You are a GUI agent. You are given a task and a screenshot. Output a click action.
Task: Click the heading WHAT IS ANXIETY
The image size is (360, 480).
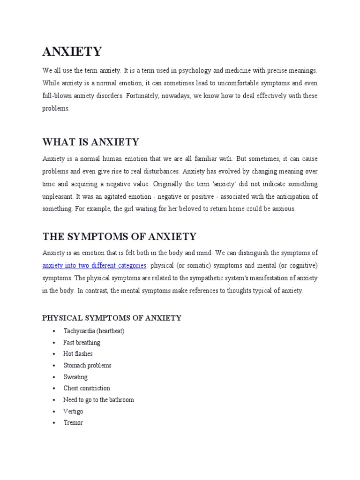tap(90, 142)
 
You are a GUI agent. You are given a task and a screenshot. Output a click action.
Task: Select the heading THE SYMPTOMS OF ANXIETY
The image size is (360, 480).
tap(119, 236)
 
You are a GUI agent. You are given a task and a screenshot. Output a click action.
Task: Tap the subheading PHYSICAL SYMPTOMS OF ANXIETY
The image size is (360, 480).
tap(112, 318)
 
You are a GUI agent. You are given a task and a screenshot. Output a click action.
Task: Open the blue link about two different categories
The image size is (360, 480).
tap(94, 266)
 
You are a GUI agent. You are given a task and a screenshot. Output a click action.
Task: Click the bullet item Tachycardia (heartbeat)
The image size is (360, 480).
tap(94, 331)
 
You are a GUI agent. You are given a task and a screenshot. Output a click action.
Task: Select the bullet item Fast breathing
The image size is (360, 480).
tap(82, 343)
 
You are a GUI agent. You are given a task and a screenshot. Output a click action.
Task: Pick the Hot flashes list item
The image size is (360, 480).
tap(78, 354)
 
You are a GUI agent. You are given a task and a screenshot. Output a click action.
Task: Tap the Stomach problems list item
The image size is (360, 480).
tap(87, 365)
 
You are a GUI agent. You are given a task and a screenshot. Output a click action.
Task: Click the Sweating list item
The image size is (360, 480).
tap(75, 377)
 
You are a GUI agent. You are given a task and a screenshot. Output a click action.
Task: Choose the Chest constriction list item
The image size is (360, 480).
tap(87, 388)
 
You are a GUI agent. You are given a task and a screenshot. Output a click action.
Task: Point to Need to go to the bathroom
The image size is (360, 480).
tap(98, 400)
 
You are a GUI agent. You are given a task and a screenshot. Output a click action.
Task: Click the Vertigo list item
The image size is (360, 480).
tap(73, 411)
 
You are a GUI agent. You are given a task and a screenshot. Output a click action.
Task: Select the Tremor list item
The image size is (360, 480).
tap(73, 422)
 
